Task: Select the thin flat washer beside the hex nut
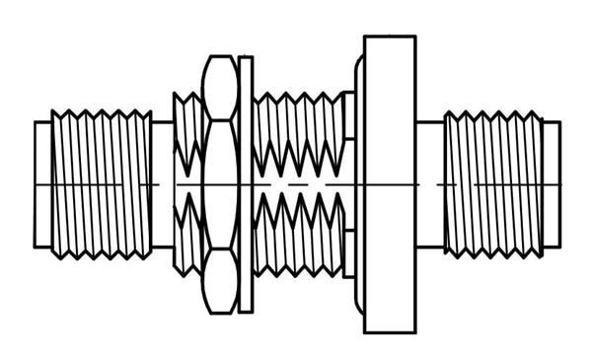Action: (x=246, y=184)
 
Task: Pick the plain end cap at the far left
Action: (x=42, y=184)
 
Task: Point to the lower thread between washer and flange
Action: (x=296, y=237)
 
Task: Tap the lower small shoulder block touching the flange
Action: (x=348, y=253)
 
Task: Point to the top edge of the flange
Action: (x=390, y=36)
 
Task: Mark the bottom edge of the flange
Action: (x=390, y=332)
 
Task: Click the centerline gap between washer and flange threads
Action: (x=296, y=184)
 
